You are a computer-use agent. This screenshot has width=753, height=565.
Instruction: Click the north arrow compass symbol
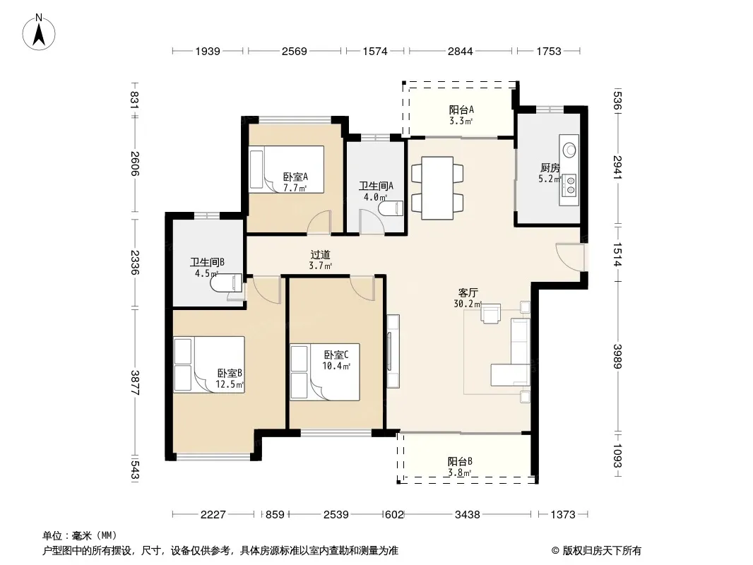point(39,32)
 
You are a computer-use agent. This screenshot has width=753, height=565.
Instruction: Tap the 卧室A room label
point(295,177)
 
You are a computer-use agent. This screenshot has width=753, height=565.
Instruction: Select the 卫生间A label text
point(376,186)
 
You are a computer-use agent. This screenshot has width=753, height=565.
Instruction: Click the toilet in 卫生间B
point(226,282)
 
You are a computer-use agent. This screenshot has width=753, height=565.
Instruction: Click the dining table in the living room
point(437,188)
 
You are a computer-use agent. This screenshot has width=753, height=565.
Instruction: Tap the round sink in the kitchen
point(569,150)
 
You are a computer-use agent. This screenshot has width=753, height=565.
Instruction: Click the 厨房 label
point(550,167)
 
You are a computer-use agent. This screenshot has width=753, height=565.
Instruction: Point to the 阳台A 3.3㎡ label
point(461,115)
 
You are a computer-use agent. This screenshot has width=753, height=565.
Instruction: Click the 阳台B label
point(460,461)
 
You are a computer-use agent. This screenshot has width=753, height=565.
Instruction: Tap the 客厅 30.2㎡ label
point(468,298)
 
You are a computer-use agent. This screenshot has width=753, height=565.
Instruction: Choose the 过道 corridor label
point(320,254)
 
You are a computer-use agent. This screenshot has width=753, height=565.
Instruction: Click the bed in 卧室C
point(325,372)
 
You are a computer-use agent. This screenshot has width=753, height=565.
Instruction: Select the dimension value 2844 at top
point(460,51)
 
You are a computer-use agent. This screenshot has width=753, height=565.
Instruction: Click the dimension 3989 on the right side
point(617,356)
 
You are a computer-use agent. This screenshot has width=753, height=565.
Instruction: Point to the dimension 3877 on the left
point(135,383)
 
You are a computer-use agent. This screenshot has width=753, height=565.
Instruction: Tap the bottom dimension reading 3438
point(467,515)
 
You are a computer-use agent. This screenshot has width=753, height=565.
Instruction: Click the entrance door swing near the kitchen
point(570,254)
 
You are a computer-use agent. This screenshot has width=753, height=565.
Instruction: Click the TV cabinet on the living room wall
point(393,351)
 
